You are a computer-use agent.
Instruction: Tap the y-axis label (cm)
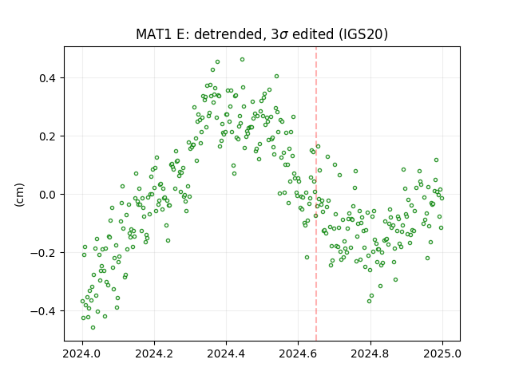pos(19,195)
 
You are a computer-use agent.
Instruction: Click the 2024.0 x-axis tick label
pos(82,353)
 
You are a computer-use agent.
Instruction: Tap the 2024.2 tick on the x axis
pos(154,353)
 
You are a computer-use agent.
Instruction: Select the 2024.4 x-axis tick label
pos(226,353)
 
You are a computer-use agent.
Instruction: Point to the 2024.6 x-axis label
pos(298,353)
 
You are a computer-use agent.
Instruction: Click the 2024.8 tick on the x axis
pos(370,353)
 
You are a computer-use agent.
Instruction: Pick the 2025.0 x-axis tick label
pos(442,353)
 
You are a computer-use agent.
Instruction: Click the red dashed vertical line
pos(316,194)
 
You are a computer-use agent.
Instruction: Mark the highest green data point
pos(242,60)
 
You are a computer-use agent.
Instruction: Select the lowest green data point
pos(93,327)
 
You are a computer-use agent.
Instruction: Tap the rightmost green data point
pos(442,198)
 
